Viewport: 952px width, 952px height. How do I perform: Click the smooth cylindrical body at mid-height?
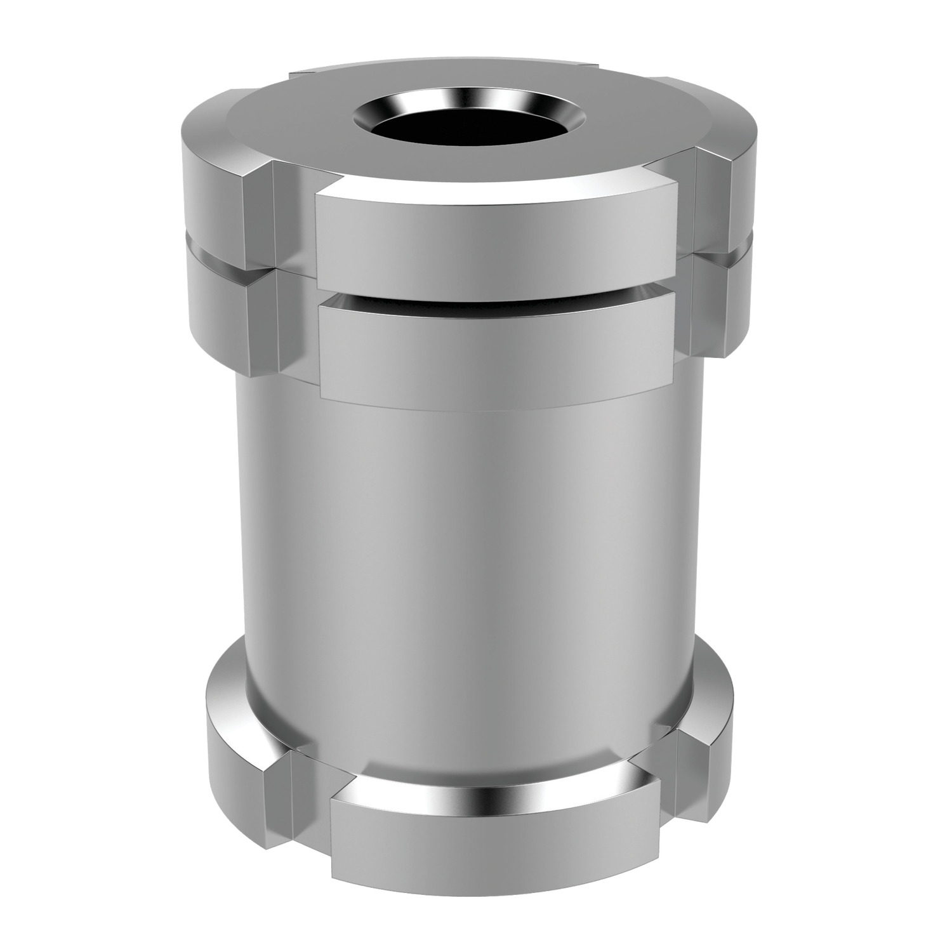tap(470, 571)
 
